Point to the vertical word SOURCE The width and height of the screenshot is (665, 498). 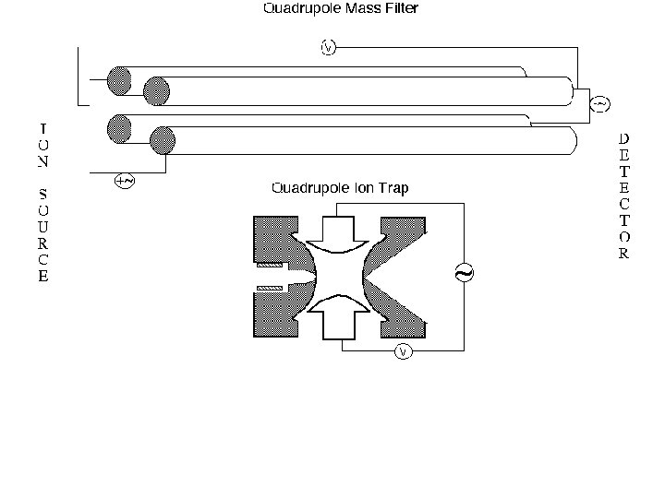point(43,234)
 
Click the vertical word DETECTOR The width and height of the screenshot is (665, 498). point(624,196)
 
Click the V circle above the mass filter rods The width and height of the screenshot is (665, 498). point(328,47)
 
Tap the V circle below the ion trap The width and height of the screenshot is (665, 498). point(402,351)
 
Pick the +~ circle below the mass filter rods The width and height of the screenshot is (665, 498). point(124,181)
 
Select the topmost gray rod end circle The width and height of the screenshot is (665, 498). point(118,81)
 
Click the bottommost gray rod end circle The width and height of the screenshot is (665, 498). point(163,141)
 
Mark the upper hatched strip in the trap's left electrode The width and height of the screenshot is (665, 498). point(269,266)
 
